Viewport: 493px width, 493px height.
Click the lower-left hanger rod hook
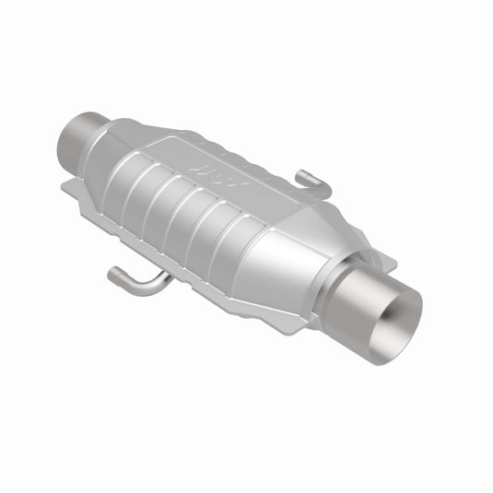click(129, 276)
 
